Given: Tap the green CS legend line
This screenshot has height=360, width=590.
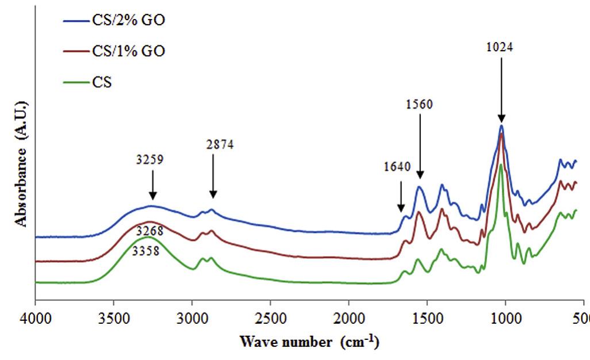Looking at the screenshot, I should click(75, 82).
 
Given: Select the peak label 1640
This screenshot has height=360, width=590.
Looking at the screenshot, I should click(397, 167).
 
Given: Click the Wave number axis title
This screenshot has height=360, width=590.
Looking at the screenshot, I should click(309, 343).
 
